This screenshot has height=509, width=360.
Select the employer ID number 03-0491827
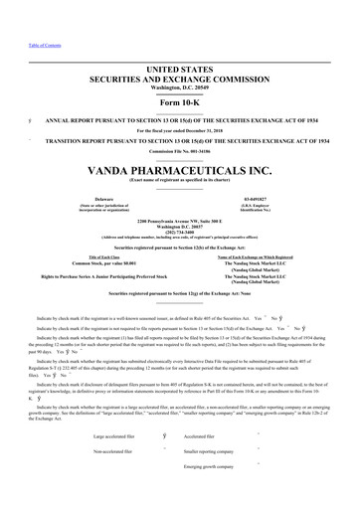tap(257, 199)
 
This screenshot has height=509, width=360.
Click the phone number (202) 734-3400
tap(179, 231)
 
